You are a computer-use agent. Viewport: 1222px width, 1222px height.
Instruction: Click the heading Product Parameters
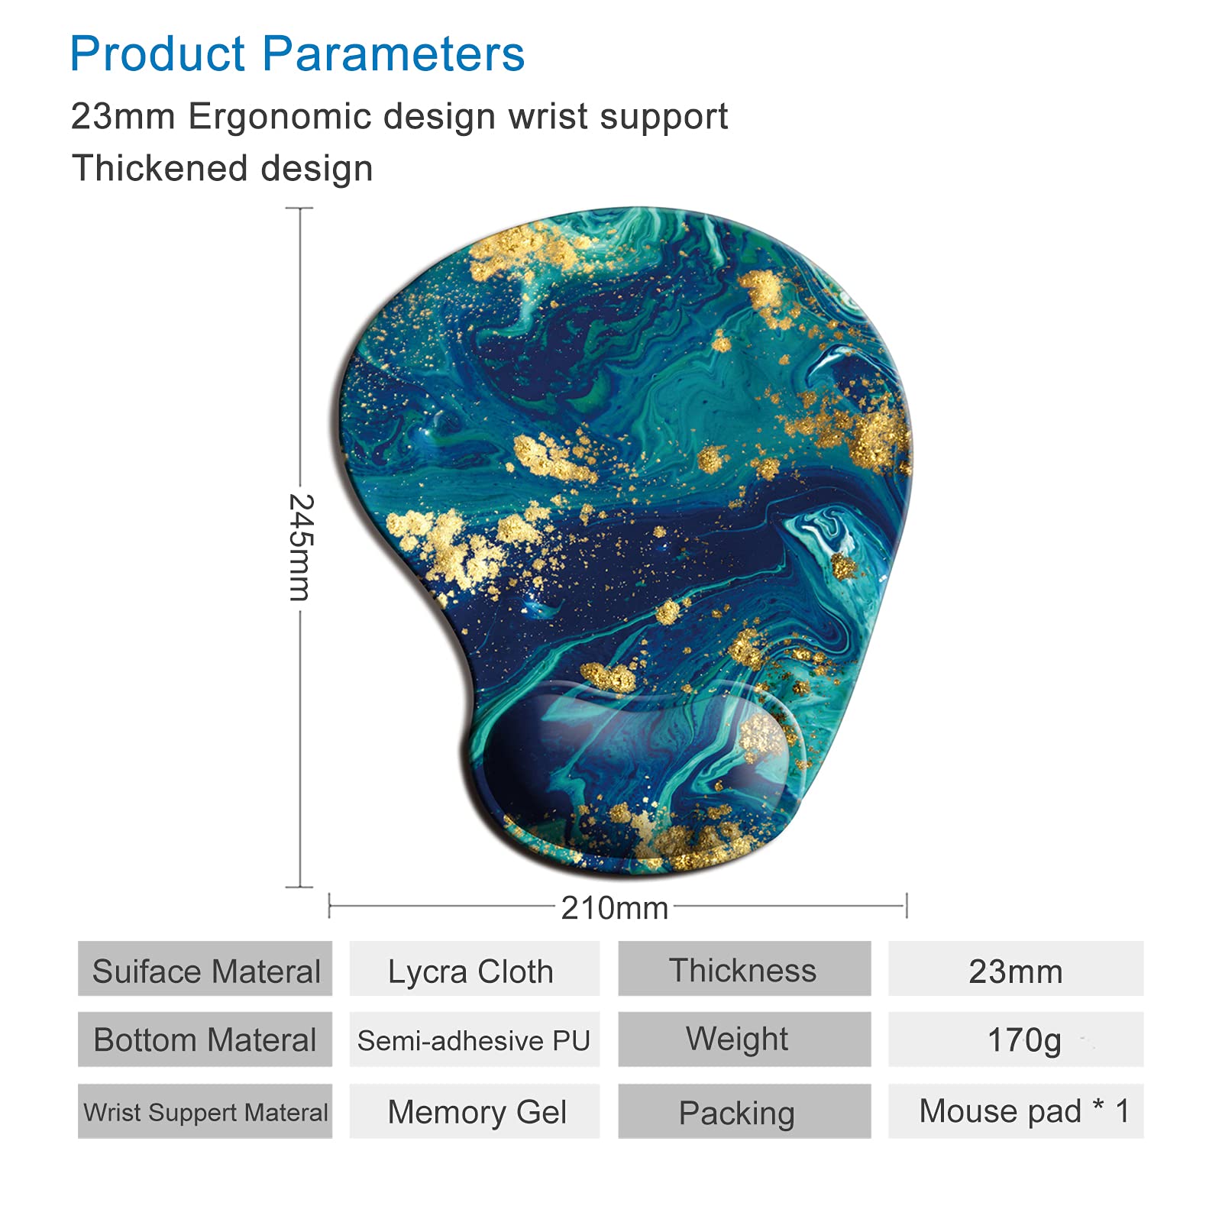(x=297, y=54)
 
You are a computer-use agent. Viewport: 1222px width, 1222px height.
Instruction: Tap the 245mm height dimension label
(x=300, y=547)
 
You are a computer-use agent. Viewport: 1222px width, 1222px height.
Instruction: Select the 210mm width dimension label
(x=615, y=908)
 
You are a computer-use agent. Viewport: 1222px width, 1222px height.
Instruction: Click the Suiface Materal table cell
(x=205, y=968)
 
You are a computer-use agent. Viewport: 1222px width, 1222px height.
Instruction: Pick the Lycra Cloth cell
(x=474, y=968)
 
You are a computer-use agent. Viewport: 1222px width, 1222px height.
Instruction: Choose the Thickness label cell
(x=745, y=968)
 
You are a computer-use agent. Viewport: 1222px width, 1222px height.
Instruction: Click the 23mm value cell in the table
(x=1016, y=968)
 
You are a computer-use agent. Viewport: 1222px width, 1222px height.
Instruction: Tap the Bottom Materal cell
(x=205, y=1039)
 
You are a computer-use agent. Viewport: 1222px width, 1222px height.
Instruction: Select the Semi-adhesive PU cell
(x=474, y=1039)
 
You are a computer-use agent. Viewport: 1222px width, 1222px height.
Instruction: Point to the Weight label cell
(x=745, y=1039)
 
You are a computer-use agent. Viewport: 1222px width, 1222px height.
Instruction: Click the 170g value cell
(x=1016, y=1039)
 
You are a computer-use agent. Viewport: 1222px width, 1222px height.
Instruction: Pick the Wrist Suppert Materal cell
(x=205, y=1111)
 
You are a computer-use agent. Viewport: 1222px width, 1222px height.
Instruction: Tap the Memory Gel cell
(x=474, y=1111)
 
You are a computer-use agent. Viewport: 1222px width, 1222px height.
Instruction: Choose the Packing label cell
(x=745, y=1111)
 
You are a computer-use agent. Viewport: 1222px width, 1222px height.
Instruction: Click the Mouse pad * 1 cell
(x=1016, y=1111)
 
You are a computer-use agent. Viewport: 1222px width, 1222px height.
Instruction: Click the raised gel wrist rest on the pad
(x=642, y=752)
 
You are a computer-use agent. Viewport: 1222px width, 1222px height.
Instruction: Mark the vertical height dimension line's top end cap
(x=299, y=208)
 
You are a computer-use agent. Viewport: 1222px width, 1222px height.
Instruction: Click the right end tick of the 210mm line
(x=906, y=906)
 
